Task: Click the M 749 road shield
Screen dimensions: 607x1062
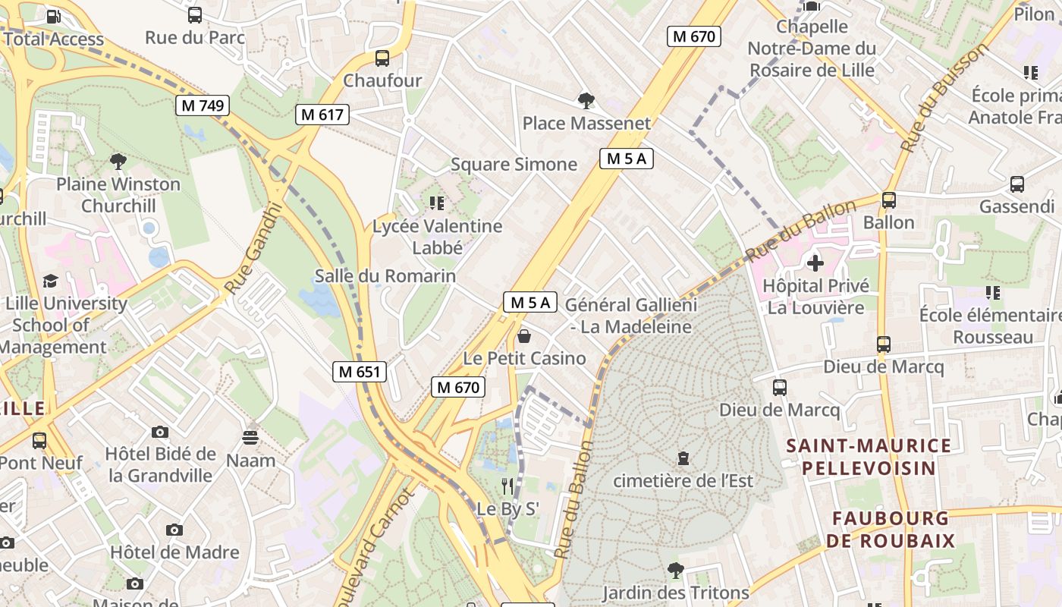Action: (x=203, y=105)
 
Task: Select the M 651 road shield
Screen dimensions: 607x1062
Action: (x=360, y=372)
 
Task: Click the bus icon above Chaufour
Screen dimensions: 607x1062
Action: (x=382, y=58)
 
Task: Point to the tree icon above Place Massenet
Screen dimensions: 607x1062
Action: (x=586, y=100)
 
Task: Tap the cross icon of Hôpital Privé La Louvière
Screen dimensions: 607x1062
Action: (x=815, y=263)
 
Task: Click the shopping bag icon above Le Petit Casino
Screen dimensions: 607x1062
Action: (x=524, y=335)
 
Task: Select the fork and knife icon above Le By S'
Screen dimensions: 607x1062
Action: (x=507, y=486)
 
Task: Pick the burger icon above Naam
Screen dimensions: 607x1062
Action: (x=250, y=438)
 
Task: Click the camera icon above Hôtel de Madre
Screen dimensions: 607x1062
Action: (x=174, y=530)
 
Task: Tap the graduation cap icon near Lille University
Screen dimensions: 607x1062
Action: (x=51, y=281)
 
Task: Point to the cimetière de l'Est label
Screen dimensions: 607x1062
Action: (x=683, y=481)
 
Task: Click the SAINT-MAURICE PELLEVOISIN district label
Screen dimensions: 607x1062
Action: (x=869, y=457)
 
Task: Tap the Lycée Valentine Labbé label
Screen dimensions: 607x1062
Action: (x=437, y=237)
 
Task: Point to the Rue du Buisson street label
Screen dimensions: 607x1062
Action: (x=945, y=96)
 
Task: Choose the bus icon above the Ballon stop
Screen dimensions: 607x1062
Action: (x=888, y=200)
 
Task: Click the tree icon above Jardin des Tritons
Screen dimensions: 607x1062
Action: (x=675, y=570)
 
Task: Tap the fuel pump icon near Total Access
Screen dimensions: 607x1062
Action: (x=54, y=17)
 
